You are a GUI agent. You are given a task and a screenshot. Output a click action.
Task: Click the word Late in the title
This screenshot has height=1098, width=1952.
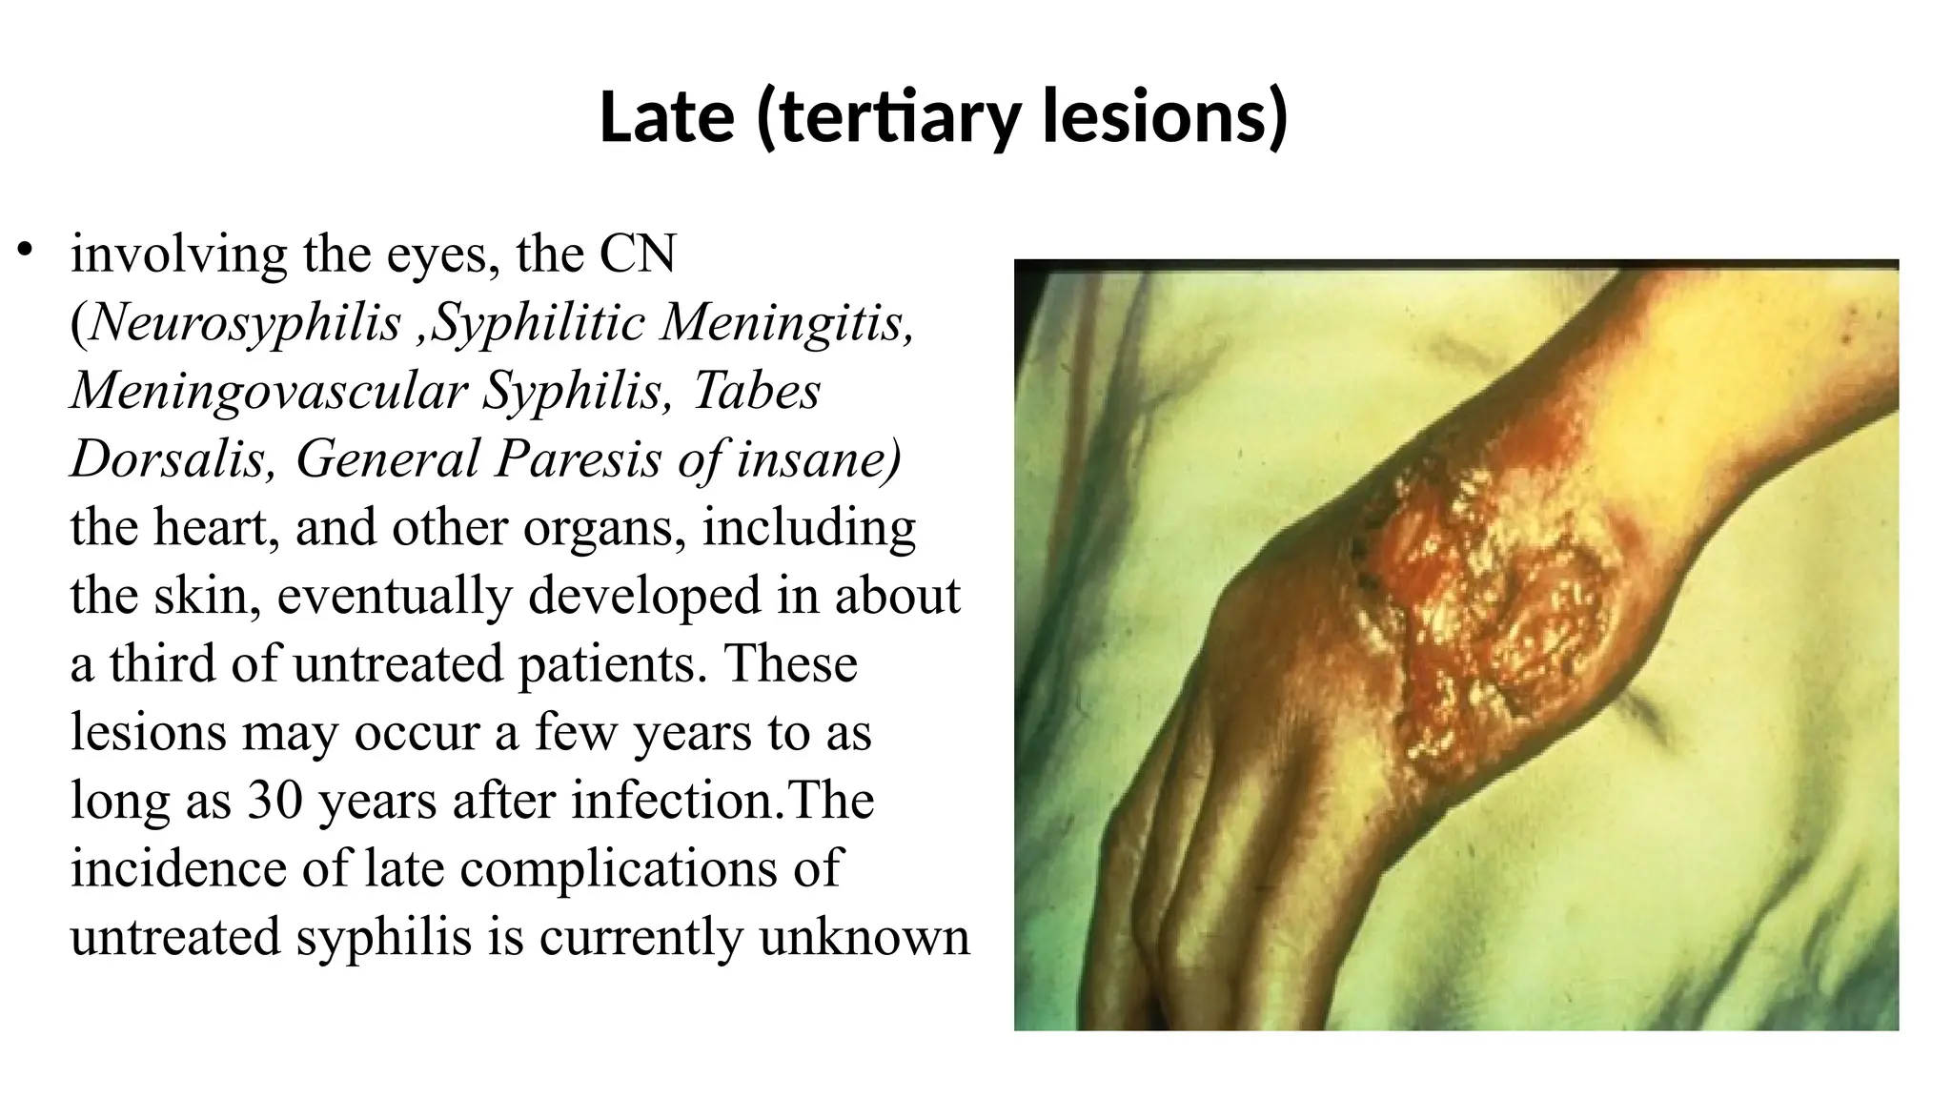(667, 117)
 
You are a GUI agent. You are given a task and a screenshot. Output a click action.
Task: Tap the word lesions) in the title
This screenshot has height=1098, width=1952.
(1165, 117)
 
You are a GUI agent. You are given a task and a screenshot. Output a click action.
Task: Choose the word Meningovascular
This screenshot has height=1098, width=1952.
(269, 391)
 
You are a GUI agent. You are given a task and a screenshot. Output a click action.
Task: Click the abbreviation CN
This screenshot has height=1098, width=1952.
(638, 254)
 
